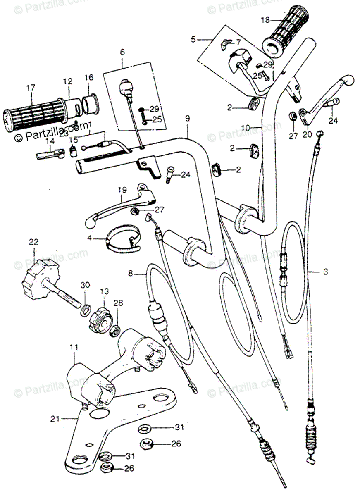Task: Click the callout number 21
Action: pyautogui.click(x=55, y=419)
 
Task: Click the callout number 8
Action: pyautogui.click(x=131, y=273)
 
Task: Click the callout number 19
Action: pyautogui.click(x=121, y=191)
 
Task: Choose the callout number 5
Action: pyautogui.click(x=193, y=40)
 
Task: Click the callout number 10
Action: pyautogui.click(x=246, y=128)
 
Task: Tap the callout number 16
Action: pyautogui.click(x=89, y=77)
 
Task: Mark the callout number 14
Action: pyautogui.click(x=50, y=141)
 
